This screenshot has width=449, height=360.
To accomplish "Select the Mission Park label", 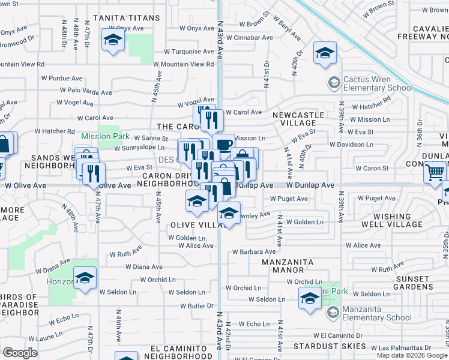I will point(106,136).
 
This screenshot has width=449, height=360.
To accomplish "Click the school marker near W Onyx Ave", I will point(112,41).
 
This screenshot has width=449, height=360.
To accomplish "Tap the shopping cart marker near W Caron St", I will point(435,173).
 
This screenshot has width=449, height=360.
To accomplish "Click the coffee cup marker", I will point(224,145).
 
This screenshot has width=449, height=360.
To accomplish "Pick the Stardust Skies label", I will point(330,346).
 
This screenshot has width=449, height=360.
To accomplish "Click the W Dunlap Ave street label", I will point(310,186).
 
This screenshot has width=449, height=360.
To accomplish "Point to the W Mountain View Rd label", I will point(183,64).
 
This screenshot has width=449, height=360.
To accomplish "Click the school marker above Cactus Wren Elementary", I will point(325,54).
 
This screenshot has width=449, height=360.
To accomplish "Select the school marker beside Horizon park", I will point(86,278).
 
